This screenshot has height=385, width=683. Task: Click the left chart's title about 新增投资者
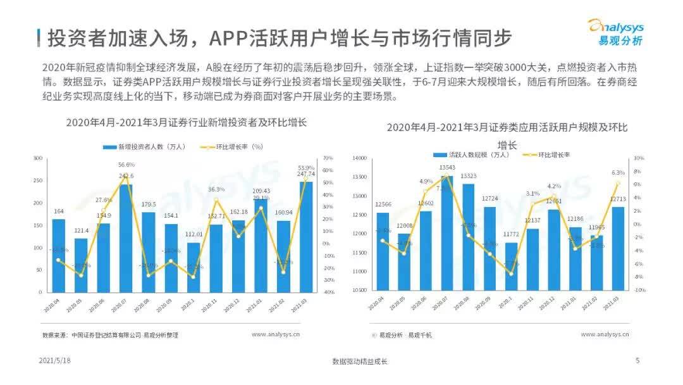point(187,123)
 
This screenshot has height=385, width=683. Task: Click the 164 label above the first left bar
point(58,211)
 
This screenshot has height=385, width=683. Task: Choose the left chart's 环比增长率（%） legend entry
point(231,147)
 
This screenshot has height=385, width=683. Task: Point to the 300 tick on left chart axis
point(37,158)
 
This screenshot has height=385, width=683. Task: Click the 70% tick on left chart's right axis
point(328,158)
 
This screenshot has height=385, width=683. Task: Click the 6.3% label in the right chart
point(618,172)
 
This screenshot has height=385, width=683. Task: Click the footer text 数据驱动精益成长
point(359,362)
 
